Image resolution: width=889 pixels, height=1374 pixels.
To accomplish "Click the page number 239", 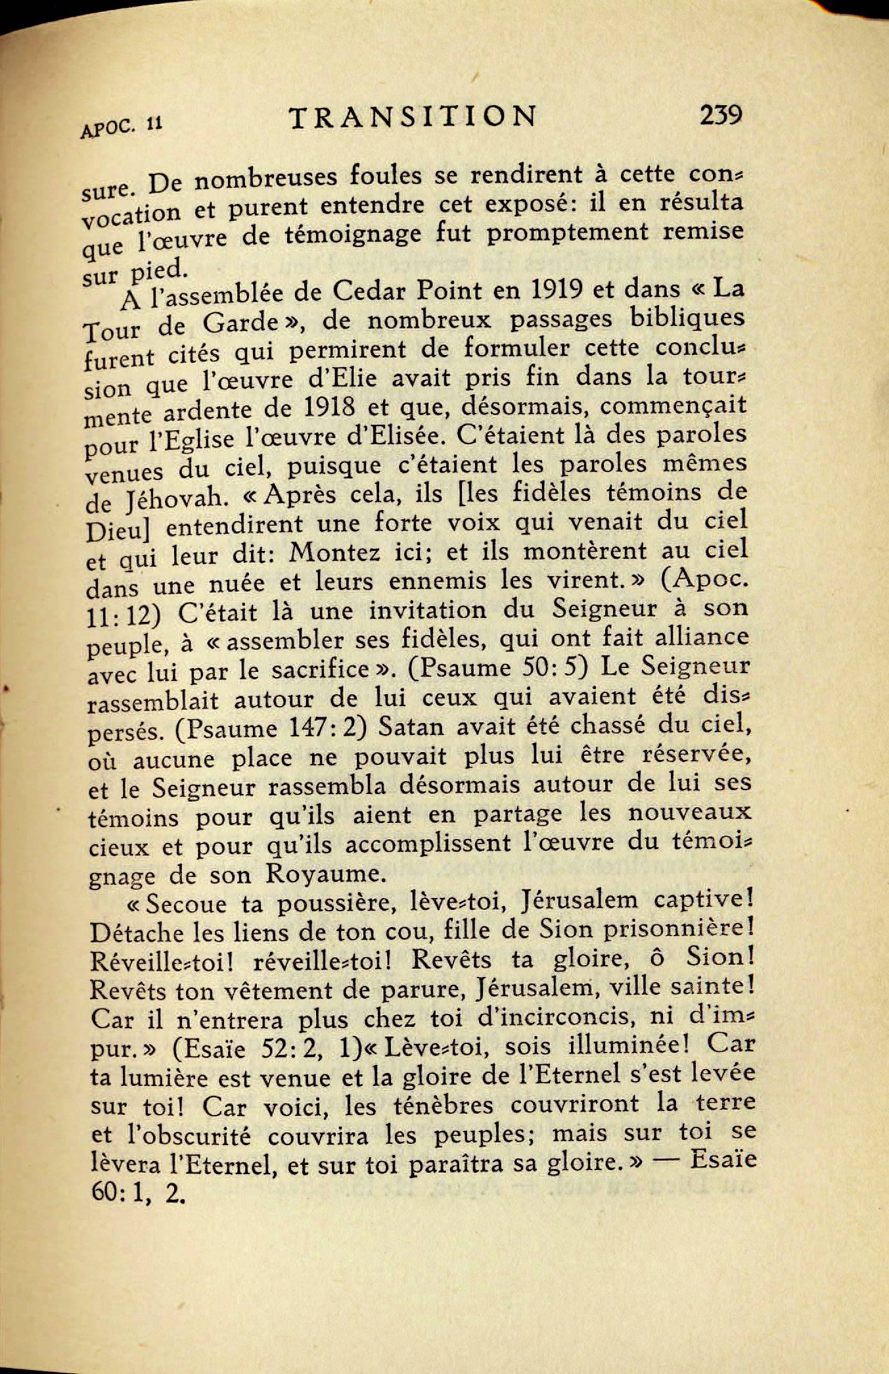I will pos(721,116).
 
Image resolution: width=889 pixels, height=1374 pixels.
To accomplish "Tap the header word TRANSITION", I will pos(413,117).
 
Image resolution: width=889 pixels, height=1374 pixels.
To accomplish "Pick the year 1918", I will pos(331,407).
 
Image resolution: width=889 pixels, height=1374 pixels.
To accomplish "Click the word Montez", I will pos(334,552).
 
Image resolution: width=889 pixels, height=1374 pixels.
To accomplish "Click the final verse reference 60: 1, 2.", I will pos(135,1193).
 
